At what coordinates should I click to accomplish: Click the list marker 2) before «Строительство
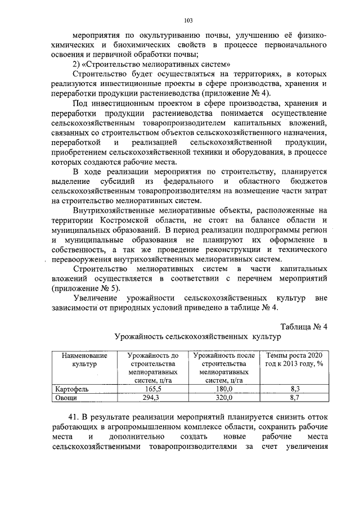78,64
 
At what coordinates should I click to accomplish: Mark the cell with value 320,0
223,398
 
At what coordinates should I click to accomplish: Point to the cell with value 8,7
295,398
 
